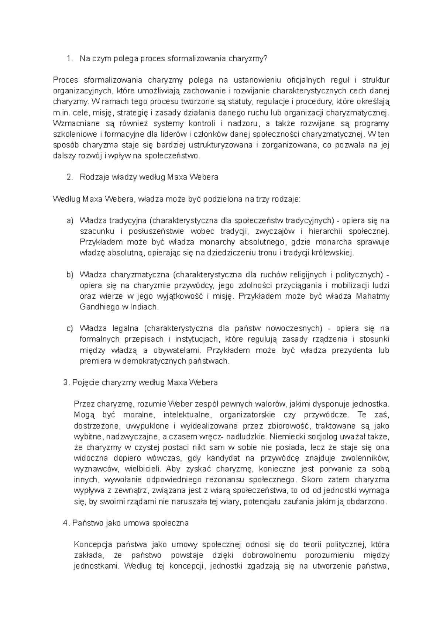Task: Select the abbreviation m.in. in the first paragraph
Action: pos(62,112)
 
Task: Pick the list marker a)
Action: pos(70,221)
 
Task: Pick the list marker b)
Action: pos(70,275)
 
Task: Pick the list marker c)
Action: pos(70,329)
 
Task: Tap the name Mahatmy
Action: pos(372,296)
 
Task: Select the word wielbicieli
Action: pos(143,469)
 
